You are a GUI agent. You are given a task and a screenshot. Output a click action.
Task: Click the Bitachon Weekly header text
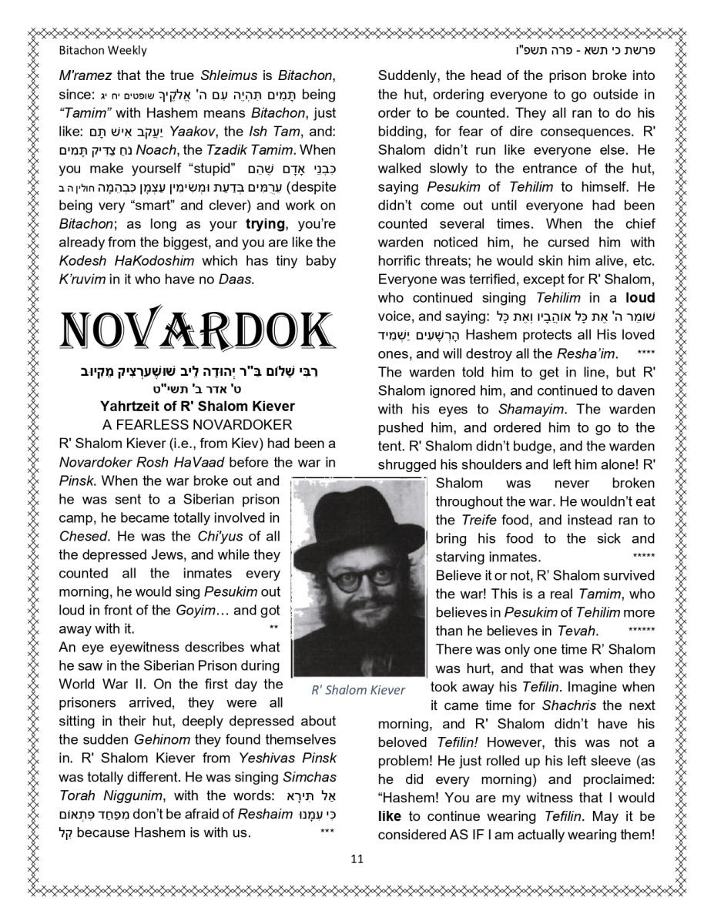102,51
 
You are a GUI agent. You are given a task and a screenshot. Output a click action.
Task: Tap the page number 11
357,859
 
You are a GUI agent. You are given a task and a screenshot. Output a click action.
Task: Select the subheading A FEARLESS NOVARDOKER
197,424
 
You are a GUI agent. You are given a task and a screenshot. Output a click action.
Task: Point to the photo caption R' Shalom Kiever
357,690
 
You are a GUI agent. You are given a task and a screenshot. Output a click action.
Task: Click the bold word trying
265,224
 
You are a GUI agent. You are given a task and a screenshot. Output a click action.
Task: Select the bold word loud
640,298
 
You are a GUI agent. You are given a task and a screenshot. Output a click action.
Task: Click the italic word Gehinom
161,740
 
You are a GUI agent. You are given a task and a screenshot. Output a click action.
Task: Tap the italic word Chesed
76,537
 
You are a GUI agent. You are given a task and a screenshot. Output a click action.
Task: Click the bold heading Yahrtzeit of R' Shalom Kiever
197,406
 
